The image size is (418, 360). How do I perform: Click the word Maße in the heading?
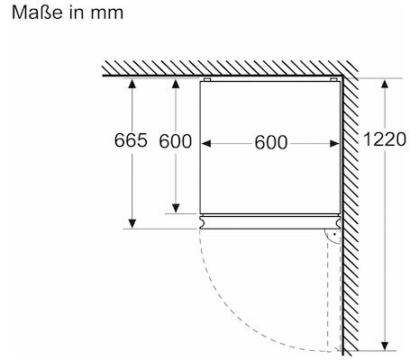click(x=37, y=13)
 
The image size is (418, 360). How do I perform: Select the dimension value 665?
click(x=131, y=140)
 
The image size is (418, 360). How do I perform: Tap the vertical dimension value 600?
click(x=176, y=141)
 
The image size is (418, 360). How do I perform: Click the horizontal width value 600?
click(x=271, y=142)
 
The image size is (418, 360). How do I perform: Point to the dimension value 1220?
click(x=385, y=139)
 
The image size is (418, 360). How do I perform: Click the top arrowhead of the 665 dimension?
click(x=132, y=84)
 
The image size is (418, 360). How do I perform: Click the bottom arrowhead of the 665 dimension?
click(x=132, y=223)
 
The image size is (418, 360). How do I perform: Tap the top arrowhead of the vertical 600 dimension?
click(x=176, y=84)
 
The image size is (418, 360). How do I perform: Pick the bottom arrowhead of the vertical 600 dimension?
click(x=176, y=209)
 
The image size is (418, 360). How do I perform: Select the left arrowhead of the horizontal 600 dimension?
click(x=206, y=144)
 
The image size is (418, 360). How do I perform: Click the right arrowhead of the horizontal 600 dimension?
click(x=334, y=144)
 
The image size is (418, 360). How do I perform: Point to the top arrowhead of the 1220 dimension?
click(x=385, y=84)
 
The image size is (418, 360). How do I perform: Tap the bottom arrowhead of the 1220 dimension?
click(x=385, y=346)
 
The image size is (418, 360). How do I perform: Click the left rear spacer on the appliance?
click(x=206, y=80)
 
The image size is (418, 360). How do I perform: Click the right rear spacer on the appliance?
click(x=333, y=80)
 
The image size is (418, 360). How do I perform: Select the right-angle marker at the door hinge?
click(x=332, y=236)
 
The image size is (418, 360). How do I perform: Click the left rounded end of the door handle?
click(x=203, y=222)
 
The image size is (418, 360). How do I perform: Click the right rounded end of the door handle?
click(x=338, y=222)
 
